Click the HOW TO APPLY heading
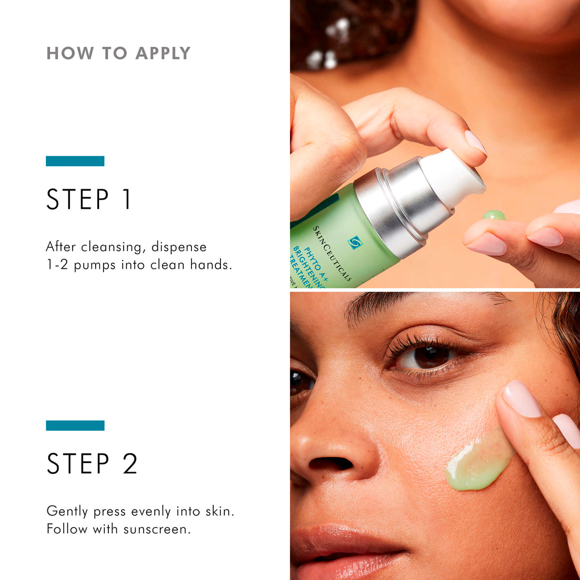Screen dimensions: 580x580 coord(118,53)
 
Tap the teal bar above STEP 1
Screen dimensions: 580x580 coord(75,161)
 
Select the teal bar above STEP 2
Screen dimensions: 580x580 coord(75,425)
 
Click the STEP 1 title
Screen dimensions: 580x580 coord(89,200)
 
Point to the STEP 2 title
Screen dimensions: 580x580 coord(92,464)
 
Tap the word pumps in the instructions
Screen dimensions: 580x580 coord(95,265)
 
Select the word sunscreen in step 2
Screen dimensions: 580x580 coord(157,529)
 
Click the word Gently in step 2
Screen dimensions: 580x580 coord(67,511)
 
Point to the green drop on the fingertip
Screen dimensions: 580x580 coord(494,215)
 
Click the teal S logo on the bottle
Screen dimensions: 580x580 coord(355,242)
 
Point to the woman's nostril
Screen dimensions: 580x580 coord(332,464)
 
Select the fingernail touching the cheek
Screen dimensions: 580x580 coord(521,399)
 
